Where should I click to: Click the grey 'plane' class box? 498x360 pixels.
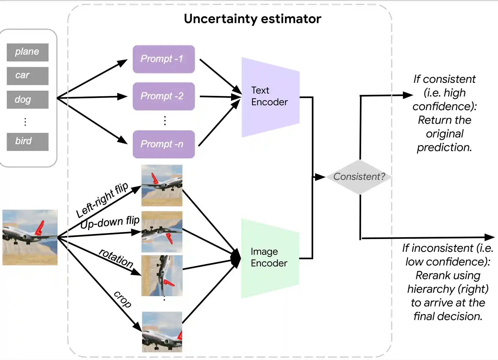tap(27, 52)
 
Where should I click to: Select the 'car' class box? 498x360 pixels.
tap(27, 76)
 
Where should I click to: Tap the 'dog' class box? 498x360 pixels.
tap(27, 100)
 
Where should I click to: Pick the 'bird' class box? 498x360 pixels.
tap(27, 141)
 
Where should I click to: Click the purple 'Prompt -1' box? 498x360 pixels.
tap(163, 59)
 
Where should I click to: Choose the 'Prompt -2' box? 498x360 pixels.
tap(163, 96)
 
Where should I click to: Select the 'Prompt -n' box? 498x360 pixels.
tap(163, 144)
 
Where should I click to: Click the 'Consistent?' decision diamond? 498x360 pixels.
tap(359, 177)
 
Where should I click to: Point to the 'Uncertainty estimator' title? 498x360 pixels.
tap(252, 19)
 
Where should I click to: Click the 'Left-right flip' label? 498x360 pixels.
tap(102, 200)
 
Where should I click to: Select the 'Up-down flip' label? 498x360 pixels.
tap(110, 222)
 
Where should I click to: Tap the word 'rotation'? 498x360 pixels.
tap(116, 258)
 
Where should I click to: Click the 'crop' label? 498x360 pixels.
tap(123, 299)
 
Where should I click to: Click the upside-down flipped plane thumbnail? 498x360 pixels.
tap(162, 232)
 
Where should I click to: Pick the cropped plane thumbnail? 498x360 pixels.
tap(162, 332)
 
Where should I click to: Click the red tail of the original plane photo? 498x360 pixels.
tap(40, 228)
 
